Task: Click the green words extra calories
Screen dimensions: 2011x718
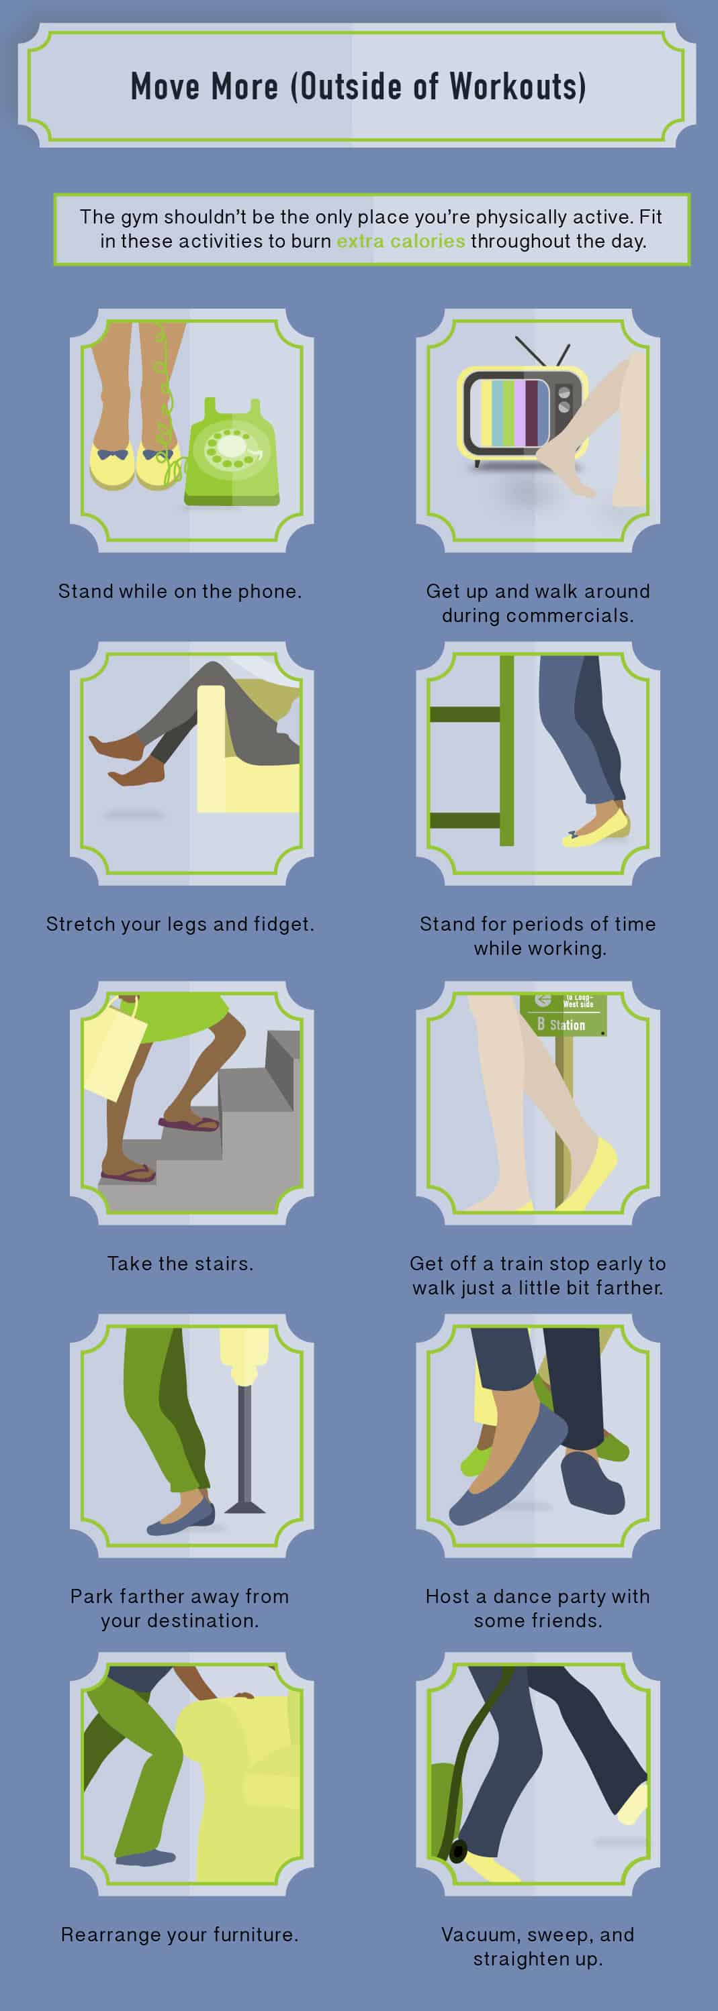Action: [400, 242]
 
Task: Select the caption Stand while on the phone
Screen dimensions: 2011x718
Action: [180, 591]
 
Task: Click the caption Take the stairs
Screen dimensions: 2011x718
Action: [180, 1263]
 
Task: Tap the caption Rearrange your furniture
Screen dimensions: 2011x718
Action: [180, 1935]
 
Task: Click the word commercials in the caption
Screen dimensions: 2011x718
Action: [570, 615]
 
